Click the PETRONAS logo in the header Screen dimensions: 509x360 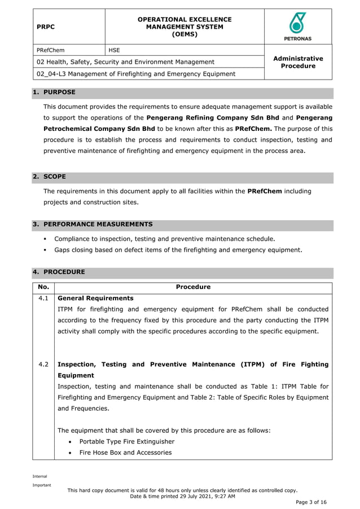coord(298,27)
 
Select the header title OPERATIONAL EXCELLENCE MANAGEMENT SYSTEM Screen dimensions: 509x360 coord(185,27)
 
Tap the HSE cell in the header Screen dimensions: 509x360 coord(115,50)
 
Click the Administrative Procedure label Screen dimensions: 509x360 coord(298,62)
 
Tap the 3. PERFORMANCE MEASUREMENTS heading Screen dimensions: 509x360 coord(93,224)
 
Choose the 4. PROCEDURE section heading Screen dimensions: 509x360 coord(59,271)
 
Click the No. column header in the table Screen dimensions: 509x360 coord(43,287)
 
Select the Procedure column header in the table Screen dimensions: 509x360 coord(193,287)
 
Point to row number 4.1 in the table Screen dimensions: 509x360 coord(43,298)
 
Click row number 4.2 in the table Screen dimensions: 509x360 coord(43,365)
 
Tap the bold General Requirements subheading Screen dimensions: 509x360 coord(96,298)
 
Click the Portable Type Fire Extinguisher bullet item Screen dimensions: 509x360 coord(127,441)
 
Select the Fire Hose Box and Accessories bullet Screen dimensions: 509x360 coord(125,453)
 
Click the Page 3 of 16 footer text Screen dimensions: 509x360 coord(311,502)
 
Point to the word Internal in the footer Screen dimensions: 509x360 coord(39,476)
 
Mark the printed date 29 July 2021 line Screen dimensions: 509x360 coord(182,496)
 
